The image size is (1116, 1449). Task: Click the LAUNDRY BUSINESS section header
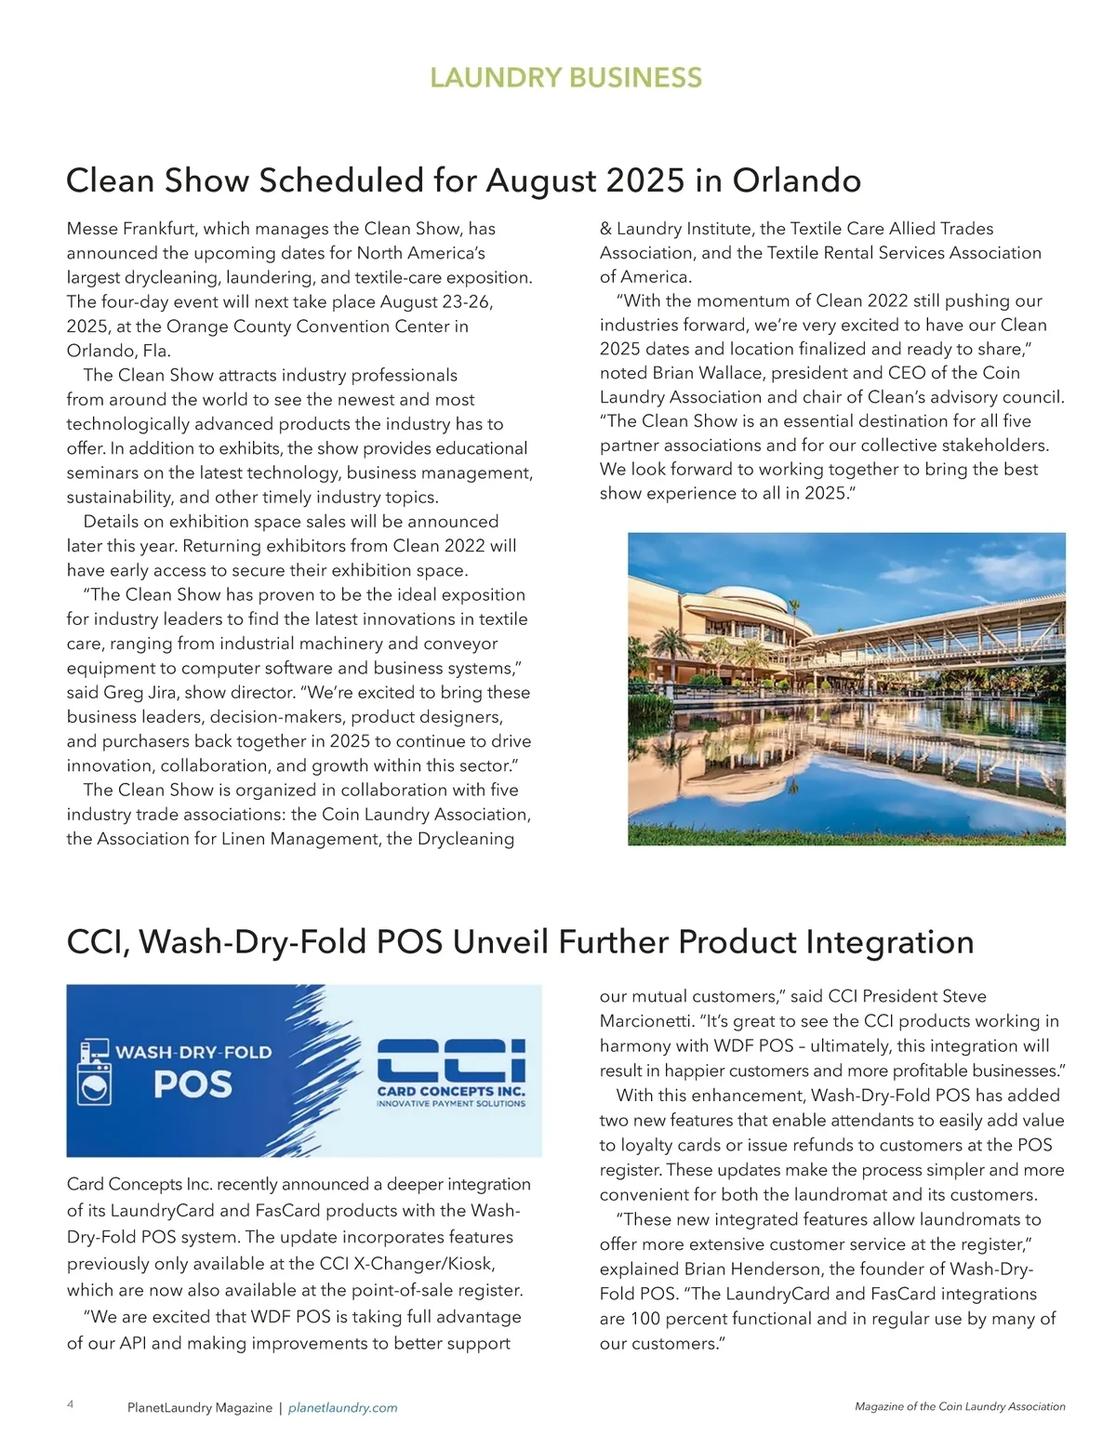[565, 77]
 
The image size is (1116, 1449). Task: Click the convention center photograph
[846, 688]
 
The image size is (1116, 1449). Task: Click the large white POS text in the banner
[193, 1084]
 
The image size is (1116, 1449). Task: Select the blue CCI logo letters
[451, 1061]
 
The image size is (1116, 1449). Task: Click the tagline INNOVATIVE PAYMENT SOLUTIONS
[451, 1104]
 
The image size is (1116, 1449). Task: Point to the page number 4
[71, 1404]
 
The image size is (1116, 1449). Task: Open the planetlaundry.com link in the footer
[342, 1408]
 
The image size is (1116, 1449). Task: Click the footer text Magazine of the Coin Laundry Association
[960, 1407]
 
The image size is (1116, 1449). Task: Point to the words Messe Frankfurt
[131, 229]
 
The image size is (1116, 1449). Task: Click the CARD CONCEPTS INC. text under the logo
[451, 1091]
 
